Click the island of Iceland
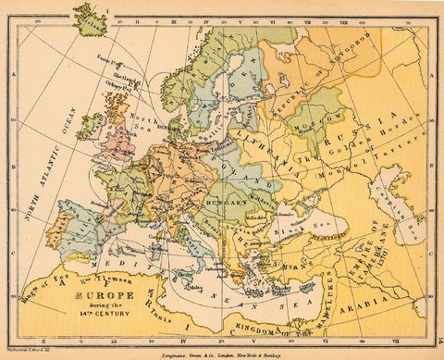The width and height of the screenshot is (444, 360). click(x=91, y=18)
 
